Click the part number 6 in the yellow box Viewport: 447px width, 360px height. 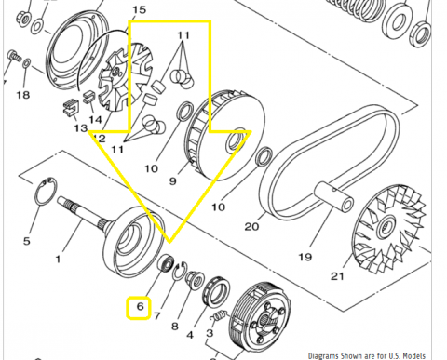(x=141, y=307)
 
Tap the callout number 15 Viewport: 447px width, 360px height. (x=139, y=9)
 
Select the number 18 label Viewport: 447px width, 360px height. (x=23, y=95)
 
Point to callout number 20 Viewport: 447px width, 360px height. (x=251, y=227)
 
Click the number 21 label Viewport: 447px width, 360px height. (x=337, y=275)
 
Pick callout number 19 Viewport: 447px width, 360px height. (x=305, y=257)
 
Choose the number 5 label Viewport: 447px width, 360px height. (x=27, y=241)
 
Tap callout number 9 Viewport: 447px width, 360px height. (x=173, y=180)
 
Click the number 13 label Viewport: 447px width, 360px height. (x=81, y=127)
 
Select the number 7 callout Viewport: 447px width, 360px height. (x=157, y=316)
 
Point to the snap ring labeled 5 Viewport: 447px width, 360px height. (x=46, y=192)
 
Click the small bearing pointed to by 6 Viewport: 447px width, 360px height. (x=165, y=262)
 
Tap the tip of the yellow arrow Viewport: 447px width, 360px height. (x=169, y=242)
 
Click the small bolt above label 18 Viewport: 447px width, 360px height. (x=14, y=56)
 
